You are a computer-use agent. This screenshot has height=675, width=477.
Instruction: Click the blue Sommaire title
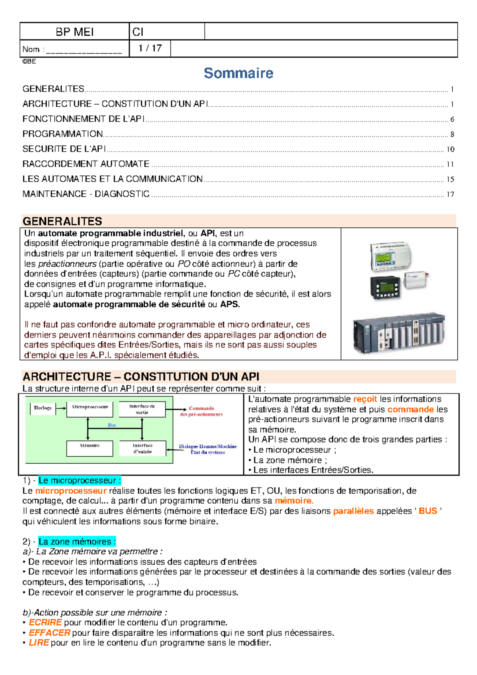coord(238,73)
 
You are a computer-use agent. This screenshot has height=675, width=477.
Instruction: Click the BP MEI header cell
coord(74,32)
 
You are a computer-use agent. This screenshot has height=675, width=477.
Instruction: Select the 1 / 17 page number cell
coord(150,48)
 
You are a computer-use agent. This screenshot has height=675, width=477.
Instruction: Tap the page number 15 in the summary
coord(450,179)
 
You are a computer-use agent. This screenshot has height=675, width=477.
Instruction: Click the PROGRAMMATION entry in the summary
coord(63,134)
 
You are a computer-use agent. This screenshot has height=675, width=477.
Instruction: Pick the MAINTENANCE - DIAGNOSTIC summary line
coord(86,194)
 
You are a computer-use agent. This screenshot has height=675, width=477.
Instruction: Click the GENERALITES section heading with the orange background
coord(62,221)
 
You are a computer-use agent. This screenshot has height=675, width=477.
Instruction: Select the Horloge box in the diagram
coord(43,408)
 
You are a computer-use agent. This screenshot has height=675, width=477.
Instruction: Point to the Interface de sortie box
coord(142,409)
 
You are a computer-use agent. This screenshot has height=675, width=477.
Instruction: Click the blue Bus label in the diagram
coord(112,425)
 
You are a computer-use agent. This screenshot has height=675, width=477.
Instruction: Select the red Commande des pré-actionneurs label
coord(202,411)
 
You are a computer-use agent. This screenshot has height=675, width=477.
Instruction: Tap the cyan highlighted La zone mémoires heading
coord(77,541)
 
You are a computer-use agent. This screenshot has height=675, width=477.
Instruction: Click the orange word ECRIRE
coord(45,623)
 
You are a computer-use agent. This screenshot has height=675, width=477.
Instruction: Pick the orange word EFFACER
coord(49,632)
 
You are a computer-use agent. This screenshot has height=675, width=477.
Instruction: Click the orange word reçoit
coord(365,399)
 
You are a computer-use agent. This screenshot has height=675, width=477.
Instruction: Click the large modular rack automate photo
coord(399,333)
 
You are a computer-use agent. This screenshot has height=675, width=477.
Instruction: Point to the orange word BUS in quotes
coord(428,511)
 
